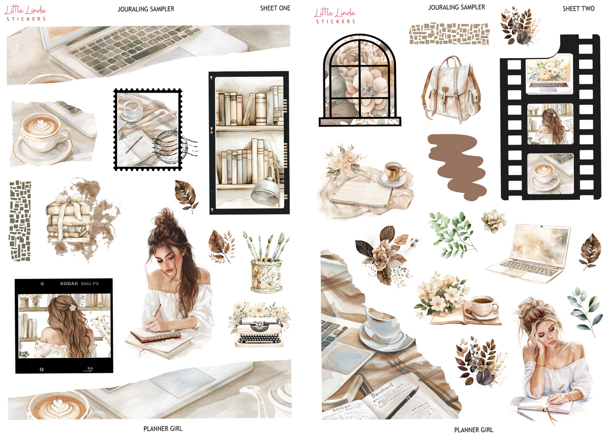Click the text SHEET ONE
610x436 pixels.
(275, 8)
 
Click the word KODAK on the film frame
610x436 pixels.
(71, 284)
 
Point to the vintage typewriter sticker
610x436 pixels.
(259, 330)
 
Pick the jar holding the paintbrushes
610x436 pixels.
(266, 275)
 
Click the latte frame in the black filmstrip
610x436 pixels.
(550, 173)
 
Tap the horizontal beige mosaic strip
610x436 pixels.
(449, 34)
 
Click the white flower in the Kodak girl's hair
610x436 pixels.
(72, 307)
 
